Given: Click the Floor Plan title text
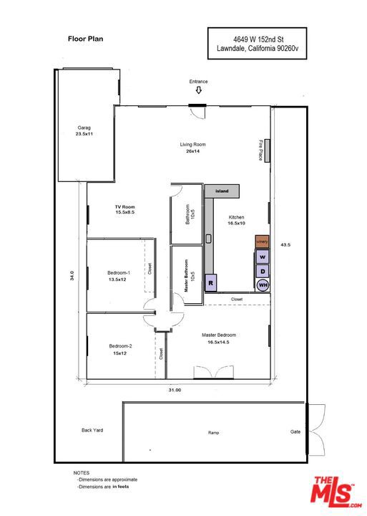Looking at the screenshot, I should point(85,40).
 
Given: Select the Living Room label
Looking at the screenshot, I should point(192,145).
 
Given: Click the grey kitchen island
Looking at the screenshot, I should point(222,192).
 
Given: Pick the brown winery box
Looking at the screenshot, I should point(263,242).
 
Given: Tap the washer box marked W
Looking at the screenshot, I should point(263,257).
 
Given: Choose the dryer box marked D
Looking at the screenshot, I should point(263,271).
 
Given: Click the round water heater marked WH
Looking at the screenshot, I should point(263,285).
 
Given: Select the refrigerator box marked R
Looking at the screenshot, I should point(211,284).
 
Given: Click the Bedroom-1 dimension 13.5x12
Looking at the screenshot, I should point(117,279).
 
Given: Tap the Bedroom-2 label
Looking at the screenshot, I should point(120,346).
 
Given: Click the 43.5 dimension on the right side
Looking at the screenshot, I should point(285,244).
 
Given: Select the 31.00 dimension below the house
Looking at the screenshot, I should point(175,390).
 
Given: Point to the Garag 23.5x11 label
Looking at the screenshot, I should point(84,130).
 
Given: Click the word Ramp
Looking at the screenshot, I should point(213,433).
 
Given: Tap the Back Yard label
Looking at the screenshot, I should point(92,430).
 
